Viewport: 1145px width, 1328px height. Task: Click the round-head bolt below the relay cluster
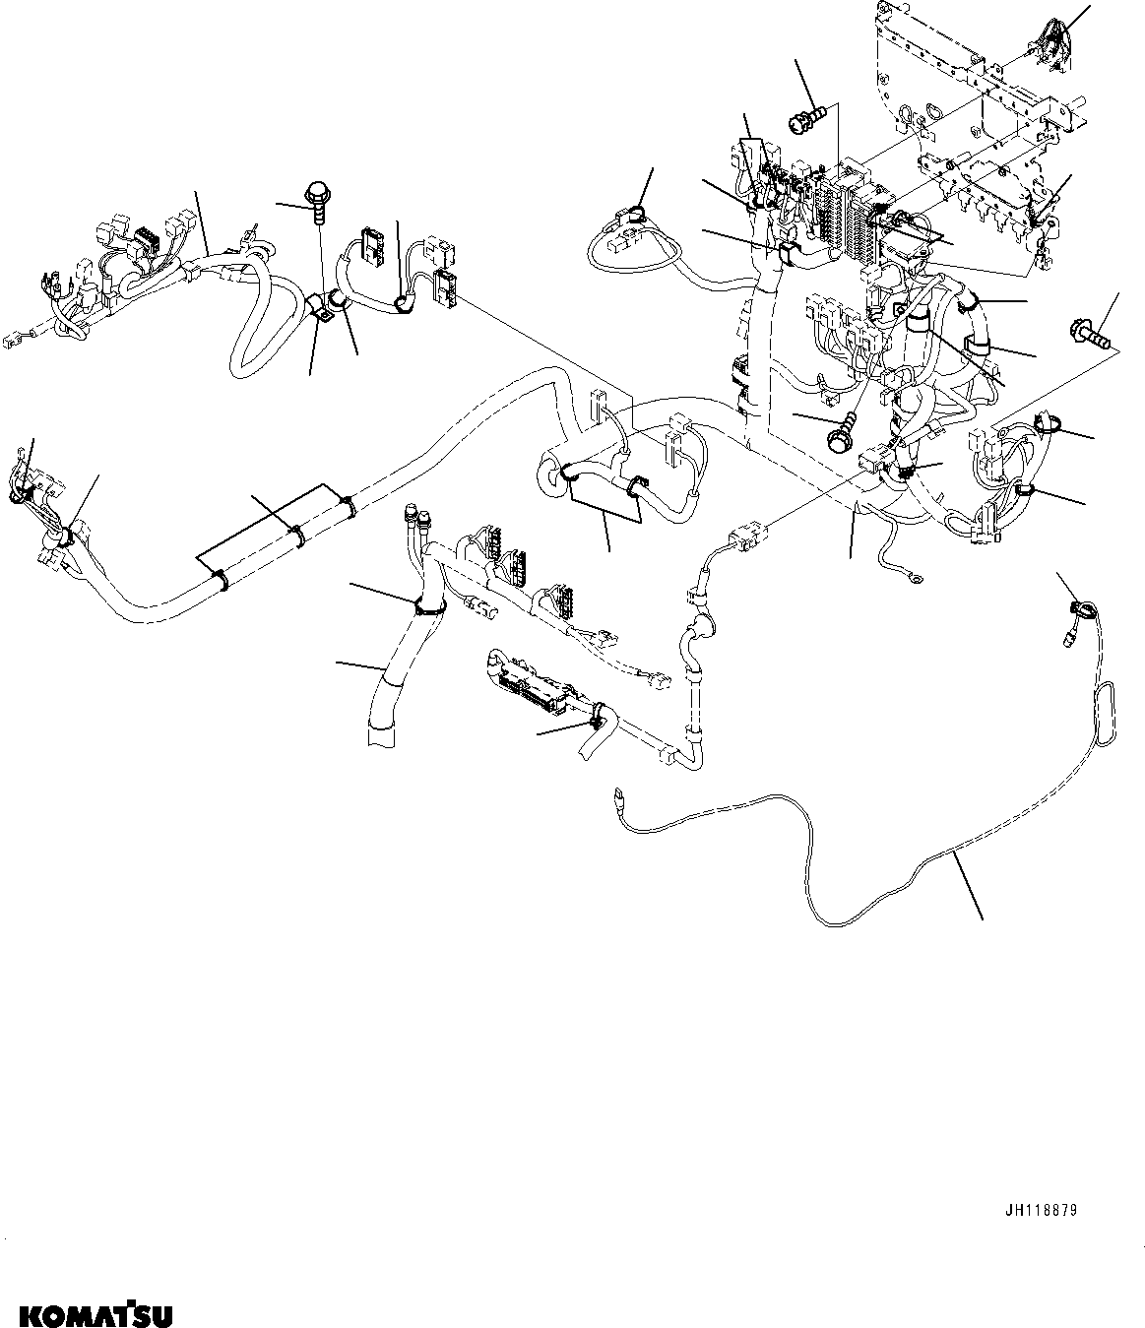pos(840,434)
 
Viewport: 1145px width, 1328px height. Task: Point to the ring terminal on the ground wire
pos(915,582)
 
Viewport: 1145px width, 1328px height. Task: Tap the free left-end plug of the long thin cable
pos(617,792)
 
